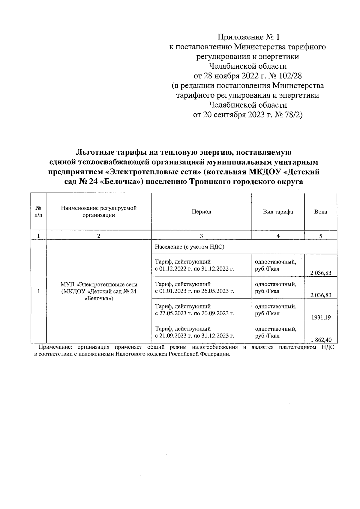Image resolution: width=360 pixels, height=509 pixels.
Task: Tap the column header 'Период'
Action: (201, 212)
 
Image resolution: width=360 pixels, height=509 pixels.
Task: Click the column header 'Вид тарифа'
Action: (278, 212)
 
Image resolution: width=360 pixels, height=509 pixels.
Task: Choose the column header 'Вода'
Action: (320, 212)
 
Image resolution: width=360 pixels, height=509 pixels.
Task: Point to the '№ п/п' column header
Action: (38, 212)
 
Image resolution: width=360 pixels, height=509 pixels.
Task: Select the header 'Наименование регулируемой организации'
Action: (99, 212)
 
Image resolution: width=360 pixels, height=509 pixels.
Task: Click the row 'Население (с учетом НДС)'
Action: (190, 247)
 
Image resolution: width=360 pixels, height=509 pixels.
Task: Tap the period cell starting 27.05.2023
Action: (194, 310)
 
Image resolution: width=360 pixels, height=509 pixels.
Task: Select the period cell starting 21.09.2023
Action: (194, 332)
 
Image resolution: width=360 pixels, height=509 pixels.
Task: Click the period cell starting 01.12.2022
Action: (194, 265)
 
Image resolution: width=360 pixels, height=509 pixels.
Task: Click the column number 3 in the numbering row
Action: (201, 236)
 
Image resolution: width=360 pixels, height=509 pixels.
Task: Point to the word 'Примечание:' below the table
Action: (56, 347)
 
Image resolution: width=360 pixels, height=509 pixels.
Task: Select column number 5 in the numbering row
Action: (320, 236)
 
